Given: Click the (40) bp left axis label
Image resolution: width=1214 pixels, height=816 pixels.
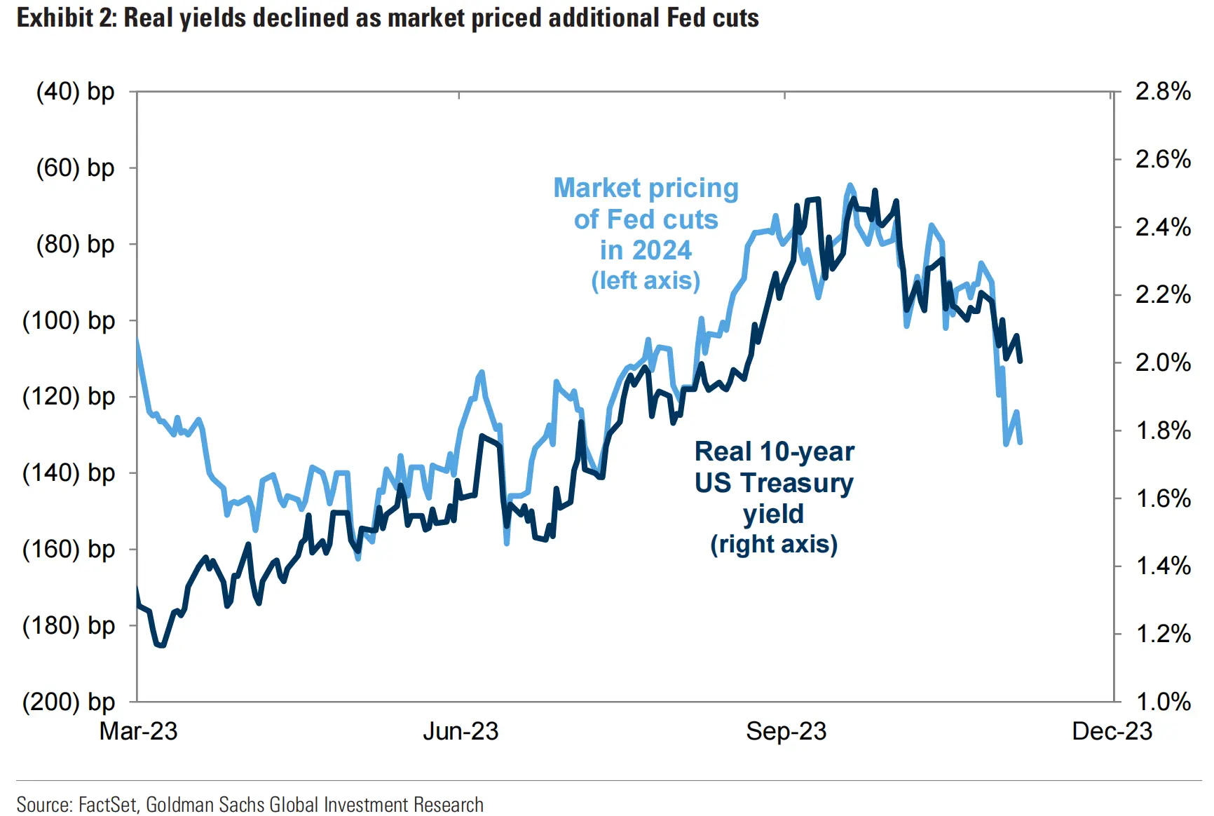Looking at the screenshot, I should click(x=75, y=92).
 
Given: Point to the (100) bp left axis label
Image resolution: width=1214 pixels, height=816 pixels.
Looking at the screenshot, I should click(x=69, y=321).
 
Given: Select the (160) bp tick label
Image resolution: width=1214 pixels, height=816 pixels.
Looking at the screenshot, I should click(x=69, y=550).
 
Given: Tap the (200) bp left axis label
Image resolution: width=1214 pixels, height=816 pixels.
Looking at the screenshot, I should click(x=69, y=702).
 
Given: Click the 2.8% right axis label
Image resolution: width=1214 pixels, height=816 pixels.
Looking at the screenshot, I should click(x=1163, y=92).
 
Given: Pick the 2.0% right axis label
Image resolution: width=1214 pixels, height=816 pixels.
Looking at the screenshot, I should click(x=1163, y=363).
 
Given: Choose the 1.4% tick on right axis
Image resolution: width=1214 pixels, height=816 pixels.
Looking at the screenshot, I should click(x=1163, y=566).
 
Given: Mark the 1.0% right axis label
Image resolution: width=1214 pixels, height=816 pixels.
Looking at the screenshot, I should click(x=1163, y=702).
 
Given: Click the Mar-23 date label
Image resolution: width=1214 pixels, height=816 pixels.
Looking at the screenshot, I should click(x=139, y=732).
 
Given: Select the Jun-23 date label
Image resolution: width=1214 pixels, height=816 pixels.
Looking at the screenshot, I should click(x=461, y=732).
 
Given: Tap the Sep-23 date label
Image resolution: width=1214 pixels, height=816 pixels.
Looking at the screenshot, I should click(x=786, y=732).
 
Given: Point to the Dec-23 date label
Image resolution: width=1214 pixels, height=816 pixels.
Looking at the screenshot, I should click(x=1112, y=732).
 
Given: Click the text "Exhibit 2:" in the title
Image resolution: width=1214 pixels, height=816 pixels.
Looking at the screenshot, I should click(x=67, y=18).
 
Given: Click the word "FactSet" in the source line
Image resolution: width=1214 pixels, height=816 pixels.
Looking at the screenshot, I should click(x=108, y=805).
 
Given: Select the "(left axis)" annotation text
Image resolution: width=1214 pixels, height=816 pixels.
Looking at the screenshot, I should click(x=646, y=280).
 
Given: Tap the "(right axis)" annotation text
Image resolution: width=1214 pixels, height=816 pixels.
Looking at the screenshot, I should click(x=774, y=545).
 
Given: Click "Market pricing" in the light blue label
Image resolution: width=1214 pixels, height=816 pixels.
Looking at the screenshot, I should click(x=646, y=188).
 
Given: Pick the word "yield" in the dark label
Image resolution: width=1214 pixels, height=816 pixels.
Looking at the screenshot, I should click(x=774, y=514).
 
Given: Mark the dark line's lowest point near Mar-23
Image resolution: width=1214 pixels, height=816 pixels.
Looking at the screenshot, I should click(x=161, y=645).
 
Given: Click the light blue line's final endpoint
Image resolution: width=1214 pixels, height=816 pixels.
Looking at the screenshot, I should click(x=1020, y=442).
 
